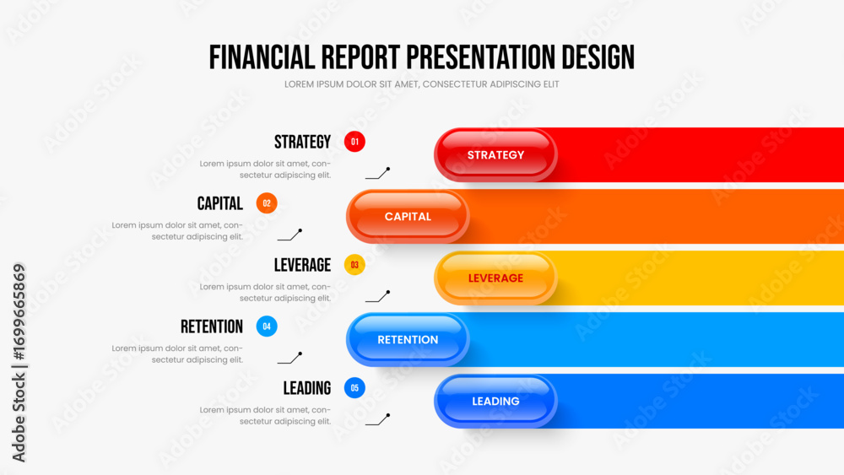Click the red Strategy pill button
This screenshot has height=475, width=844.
[495, 155]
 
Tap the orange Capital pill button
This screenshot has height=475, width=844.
[408, 216]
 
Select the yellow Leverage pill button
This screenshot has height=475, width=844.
[495, 278]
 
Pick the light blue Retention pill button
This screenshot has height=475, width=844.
[408, 339]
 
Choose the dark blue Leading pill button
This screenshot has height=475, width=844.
[495, 402]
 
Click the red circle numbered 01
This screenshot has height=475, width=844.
[354, 142]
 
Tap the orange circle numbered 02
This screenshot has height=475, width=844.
[267, 203]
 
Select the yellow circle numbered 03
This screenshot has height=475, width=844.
[354, 265]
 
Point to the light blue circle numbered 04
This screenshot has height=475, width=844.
[267, 326]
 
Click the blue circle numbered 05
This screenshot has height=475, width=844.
[354, 388]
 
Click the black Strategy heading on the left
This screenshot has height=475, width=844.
[302, 142]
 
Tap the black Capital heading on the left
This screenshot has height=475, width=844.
[219, 203]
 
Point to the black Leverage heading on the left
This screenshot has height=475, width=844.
[302, 265]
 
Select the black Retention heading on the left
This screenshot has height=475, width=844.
[212, 327]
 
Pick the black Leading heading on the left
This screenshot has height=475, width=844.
[307, 388]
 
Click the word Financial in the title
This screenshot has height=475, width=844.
[262, 57]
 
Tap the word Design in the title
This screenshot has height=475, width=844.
[598, 57]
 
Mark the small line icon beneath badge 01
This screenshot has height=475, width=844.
[377, 173]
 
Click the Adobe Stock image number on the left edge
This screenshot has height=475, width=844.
[19, 312]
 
